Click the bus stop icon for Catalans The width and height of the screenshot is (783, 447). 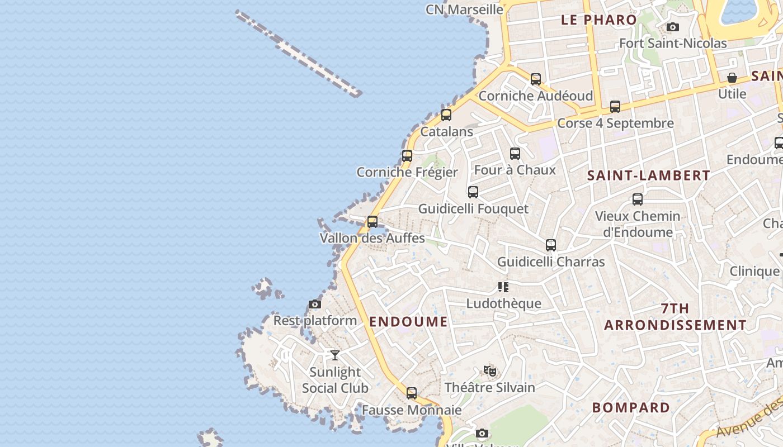[446, 115]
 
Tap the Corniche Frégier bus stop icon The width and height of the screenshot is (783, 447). [407, 156]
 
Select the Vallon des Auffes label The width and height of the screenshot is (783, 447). [372, 238]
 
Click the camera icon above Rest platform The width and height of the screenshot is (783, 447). [315, 305]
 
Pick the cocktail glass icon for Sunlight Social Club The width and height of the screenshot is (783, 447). [334, 355]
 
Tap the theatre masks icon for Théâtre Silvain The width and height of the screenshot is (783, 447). [490, 371]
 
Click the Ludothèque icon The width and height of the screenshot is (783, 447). [503, 287]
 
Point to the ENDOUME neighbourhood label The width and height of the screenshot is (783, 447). [408, 322]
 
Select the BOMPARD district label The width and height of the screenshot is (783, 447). [631, 408]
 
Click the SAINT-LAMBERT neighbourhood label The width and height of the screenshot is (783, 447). [648, 175]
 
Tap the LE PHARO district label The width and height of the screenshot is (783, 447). [599, 20]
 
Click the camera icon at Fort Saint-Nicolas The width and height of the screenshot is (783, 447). [673, 27]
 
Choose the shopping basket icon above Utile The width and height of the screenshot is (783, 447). [732, 78]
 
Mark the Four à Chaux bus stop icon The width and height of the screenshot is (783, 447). [515, 153]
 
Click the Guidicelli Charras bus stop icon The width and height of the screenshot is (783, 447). [551, 245]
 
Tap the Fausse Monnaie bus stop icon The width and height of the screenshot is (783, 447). [412, 393]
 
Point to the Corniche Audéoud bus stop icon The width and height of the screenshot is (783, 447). [536, 79]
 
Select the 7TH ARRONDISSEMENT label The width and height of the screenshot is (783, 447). [675, 317]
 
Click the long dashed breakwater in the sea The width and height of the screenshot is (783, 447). [299, 54]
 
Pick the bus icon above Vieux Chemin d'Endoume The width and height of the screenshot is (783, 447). [638, 199]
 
